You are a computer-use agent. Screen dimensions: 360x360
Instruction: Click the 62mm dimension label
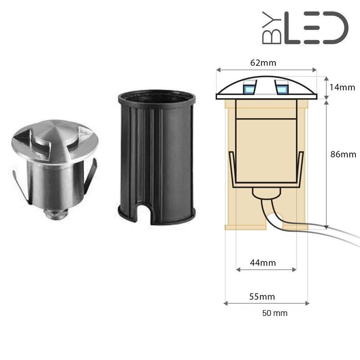[265, 63]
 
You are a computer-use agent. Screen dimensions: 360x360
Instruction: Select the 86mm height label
[343, 154]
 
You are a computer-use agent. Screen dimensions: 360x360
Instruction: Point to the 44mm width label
[263, 262]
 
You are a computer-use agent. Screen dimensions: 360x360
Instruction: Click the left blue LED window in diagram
[249, 88]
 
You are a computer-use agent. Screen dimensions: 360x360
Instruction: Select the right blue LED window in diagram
[282, 88]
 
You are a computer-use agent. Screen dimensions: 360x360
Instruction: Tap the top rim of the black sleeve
[156, 95]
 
